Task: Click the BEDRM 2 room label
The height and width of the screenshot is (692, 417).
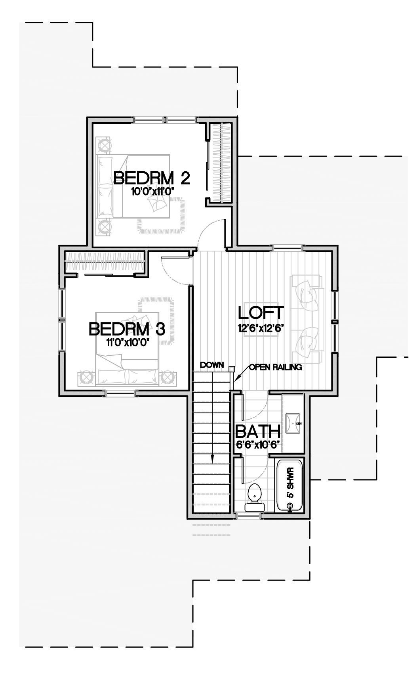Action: coord(152,178)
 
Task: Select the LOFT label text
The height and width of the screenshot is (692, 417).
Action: coord(261,312)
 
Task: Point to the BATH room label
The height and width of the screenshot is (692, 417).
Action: coord(258,431)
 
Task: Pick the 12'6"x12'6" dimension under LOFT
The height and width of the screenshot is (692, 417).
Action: coord(261,328)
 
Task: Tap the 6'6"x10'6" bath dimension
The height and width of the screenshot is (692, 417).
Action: coord(259,445)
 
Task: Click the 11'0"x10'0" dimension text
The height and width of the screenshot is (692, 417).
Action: coord(129,343)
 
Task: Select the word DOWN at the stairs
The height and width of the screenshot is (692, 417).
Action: coord(212,365)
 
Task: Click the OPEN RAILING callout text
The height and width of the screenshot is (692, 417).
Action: coord(276,367)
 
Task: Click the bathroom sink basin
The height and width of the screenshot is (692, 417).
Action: coord(293,424)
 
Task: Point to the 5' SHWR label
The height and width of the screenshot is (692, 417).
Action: coord(290,483)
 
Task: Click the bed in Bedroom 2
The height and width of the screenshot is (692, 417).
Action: coord(134,186)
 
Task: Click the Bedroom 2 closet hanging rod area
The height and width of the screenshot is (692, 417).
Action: coord(220,163)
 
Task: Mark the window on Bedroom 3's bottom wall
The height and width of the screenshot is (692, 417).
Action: coord(120,393)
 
